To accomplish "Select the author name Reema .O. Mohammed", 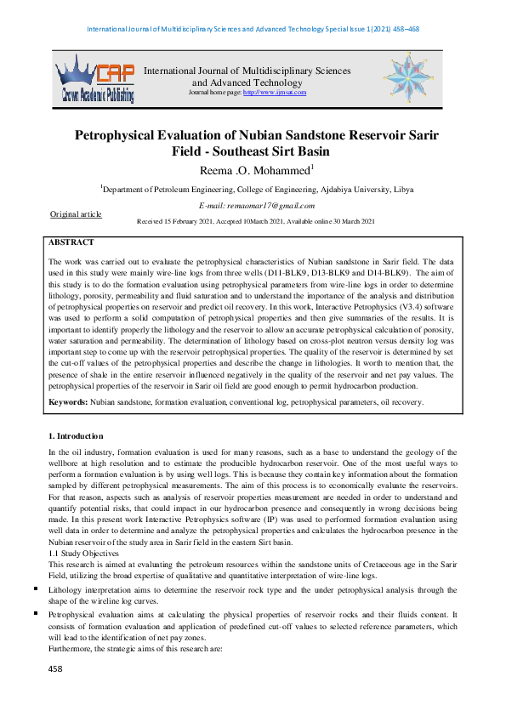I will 252,171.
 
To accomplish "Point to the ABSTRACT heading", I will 71,243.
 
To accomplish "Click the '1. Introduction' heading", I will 76,436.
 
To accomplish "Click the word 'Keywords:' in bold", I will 68,401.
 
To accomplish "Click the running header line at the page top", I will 253,29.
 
